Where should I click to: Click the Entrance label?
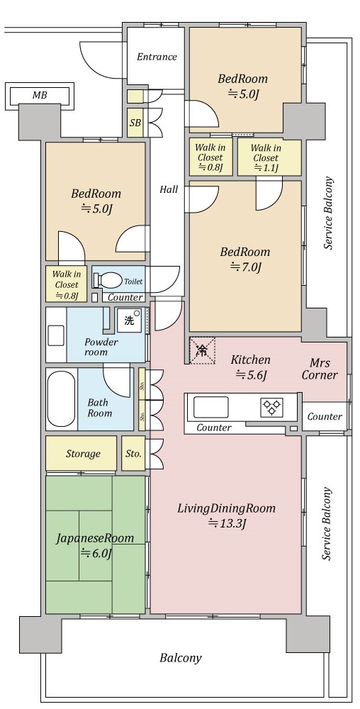157,57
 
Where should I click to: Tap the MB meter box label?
40,96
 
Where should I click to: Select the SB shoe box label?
135,123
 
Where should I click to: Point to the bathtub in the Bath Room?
61,398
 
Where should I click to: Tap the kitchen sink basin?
211,407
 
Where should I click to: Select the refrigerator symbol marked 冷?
202,350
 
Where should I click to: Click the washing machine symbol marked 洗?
130,320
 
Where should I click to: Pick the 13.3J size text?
227,524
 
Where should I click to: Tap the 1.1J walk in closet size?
266,168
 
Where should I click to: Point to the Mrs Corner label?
320,369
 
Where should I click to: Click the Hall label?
169,189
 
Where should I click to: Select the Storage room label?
83,453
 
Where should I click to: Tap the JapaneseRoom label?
95,538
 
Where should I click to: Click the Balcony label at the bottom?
181,657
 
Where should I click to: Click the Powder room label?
101,347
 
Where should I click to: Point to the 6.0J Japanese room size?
96,552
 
